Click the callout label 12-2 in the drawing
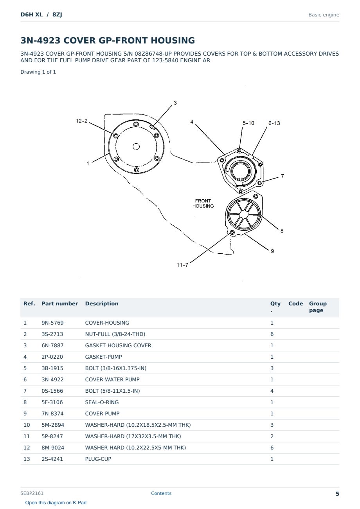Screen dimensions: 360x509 pos(81,121)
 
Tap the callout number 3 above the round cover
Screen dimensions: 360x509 pos(175,103)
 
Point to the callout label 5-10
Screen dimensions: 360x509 pos(248,123)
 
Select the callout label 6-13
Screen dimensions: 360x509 pos(274,123)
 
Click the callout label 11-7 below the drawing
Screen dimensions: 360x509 pos(182,265)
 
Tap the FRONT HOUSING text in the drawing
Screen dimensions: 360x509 pos(203,203)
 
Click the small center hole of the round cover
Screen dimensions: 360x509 pos(136,146)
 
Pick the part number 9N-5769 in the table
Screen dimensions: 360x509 pos(52,323)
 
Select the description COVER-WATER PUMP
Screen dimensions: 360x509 pos(112,379)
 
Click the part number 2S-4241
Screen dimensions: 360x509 pos(52,459)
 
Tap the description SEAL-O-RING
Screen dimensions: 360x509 pos(102,402)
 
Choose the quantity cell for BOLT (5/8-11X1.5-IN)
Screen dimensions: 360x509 pos(272,391)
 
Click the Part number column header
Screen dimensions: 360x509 pos(60,303)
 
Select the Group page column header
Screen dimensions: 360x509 pos(318,307)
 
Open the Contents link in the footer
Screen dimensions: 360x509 pos(161,493)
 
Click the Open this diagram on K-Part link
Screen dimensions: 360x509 pos(56,503)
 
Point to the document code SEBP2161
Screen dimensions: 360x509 pos(32,493)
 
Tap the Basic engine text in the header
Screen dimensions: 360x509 pos(324,15)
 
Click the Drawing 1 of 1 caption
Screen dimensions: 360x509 pos(38,72)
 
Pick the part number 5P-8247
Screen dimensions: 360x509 pos(52,436)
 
